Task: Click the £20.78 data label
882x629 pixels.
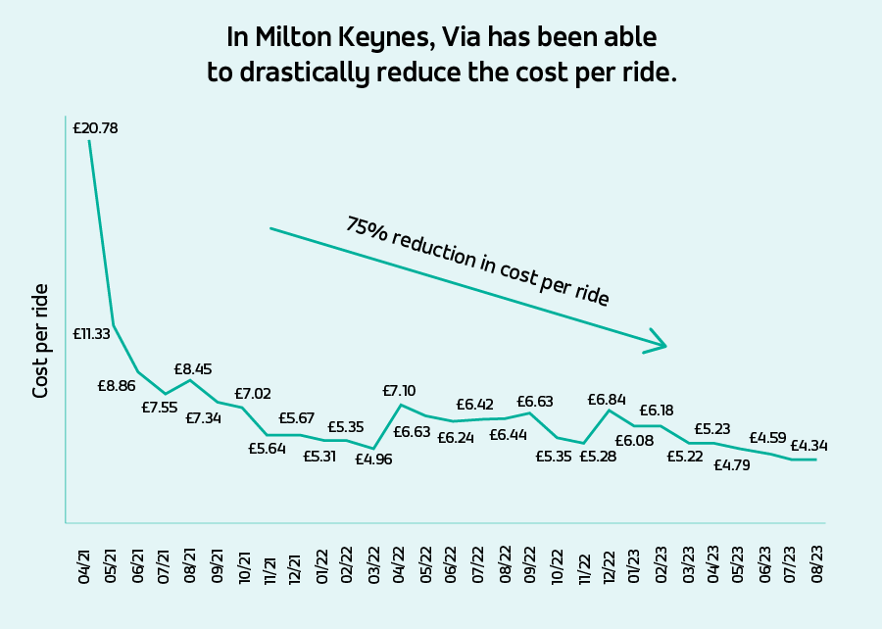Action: coord(95,127)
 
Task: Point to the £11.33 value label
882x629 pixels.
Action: coord(92,334)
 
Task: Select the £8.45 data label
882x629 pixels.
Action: coord(193,369)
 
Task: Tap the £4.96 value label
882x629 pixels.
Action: coord(373,459)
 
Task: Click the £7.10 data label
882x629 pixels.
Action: coord(400,391)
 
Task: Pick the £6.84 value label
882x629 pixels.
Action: coord(607,400)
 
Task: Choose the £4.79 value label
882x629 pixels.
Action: coord(731,465)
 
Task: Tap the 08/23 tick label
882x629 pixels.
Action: coord(817,567)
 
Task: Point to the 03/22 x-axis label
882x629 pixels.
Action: coord(373,567)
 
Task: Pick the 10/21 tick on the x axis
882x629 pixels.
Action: coord(242,567)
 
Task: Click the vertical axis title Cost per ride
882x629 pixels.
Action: coord(41,340)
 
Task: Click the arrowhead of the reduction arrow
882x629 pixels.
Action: coord(660,344)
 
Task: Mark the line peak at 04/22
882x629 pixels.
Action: coord(400,405)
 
